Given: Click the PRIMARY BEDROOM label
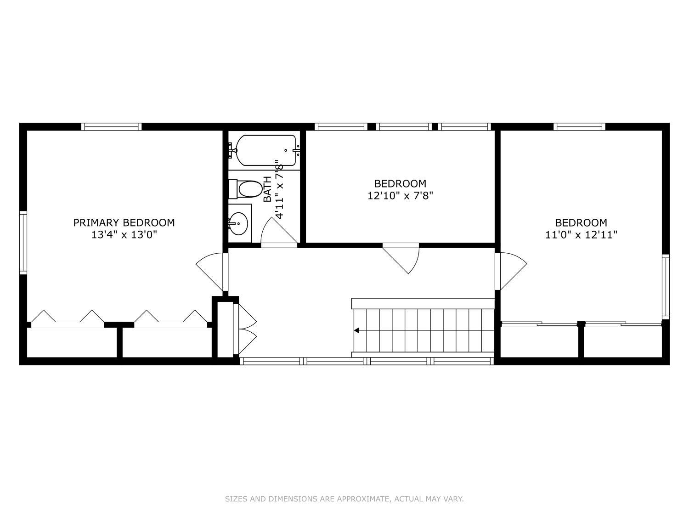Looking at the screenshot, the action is coord(124,222).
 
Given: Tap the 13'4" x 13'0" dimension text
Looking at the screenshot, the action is coord(124,234).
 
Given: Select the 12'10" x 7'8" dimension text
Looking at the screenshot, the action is coord(400,196).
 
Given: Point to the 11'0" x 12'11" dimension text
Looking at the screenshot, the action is coord(581,234).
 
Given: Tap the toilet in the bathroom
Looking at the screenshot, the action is coord(246,189).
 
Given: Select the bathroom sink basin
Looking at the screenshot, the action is coord(239,223).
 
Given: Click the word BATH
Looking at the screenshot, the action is coord(267,189).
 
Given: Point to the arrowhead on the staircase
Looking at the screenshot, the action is coord(356,330).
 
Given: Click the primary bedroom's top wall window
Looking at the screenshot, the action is coord(112,127).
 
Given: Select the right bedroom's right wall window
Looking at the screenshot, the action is coord(666,287).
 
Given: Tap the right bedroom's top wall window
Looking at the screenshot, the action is coord(579,127).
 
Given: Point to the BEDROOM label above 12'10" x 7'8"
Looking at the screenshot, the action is coord(400,183).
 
